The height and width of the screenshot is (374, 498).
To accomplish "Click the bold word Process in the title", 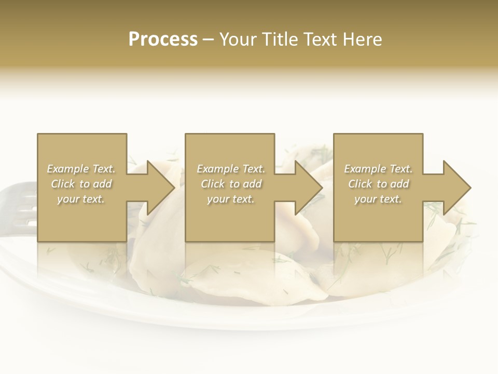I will [163, 39].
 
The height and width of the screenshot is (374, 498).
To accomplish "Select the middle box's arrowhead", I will [308, 188].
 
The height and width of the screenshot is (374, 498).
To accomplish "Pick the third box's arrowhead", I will [456, 188].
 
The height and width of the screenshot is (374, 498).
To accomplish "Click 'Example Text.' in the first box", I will [81, 169].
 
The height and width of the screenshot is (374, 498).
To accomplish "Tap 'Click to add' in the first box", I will [81, 184].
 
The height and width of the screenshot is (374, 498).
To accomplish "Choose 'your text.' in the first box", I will [81, 199].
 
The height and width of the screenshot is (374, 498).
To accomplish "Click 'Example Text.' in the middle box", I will [230, 169].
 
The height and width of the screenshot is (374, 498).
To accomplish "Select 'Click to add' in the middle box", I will [230, 184].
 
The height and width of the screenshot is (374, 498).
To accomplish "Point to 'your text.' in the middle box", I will [230, 199].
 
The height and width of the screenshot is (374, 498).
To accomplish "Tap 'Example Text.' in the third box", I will [378, 169].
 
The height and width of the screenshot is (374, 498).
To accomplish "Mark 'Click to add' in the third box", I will [378, 184].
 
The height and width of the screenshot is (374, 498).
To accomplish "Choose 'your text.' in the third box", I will [378, 199].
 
